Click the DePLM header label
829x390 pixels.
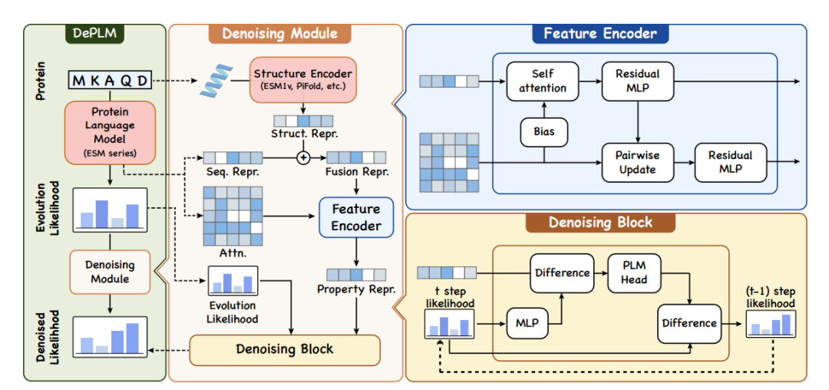pos(97,34)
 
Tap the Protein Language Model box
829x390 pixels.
pos(110,131)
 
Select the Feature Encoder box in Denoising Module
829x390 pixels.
pos(355,217)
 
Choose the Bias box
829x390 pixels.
pos(543,131)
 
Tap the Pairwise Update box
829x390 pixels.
pos(637,162)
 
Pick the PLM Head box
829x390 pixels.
pos(634,273)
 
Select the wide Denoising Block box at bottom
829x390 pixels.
pos(284,349)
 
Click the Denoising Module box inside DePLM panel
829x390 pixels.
pos(111,272)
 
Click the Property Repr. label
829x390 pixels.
pos(355,290)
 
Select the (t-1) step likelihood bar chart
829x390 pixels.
pos(772,326)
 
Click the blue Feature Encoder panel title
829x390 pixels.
pos(599,34)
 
